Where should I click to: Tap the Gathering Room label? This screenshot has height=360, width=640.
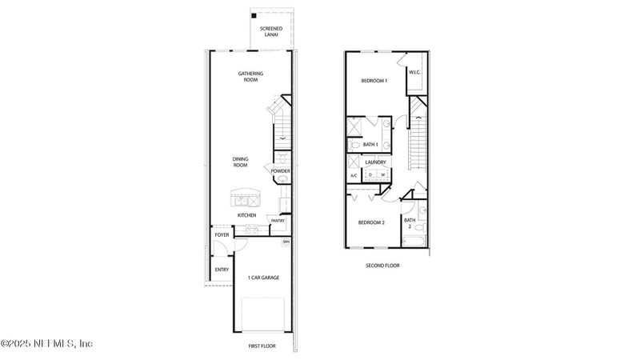pos(250,77)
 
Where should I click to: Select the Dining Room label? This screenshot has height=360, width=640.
pos(240,162)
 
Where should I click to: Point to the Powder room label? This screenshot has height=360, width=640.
pos(280,171)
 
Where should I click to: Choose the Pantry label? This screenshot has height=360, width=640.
pos(278,221)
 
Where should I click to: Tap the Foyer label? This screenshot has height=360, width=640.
pos(222,234)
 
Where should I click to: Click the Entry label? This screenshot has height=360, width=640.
pos(222,270)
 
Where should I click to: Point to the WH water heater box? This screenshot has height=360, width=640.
pos(286,241)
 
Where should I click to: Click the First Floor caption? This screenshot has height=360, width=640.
pos(262,346)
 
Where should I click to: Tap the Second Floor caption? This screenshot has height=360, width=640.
pos(382,265)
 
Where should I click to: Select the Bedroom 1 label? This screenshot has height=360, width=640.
pos(374,81)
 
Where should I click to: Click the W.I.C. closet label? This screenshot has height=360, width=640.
pos(414,73)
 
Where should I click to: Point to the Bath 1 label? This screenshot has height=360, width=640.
pos(370,145)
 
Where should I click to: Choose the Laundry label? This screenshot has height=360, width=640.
pos(375,162)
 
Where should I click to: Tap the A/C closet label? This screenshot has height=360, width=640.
pos(354,175)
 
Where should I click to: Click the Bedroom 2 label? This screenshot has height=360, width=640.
pos(371,222)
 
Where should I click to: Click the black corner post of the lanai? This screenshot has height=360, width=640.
pos(254,16)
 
